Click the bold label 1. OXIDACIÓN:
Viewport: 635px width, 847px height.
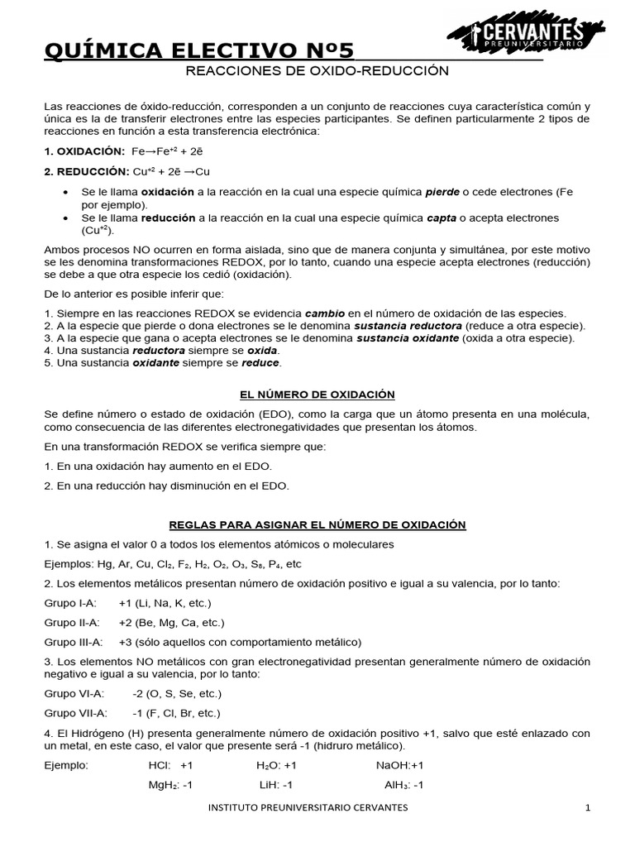(84, 151)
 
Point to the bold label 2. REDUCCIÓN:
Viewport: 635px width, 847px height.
(86, 171)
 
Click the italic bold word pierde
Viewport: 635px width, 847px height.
(442, 192)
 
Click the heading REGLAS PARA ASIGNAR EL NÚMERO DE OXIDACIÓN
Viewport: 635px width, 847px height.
(317, 524)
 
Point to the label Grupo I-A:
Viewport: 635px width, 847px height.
(70, 603)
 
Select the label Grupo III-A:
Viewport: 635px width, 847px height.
(74, 642)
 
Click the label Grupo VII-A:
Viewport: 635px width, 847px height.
(75, 712)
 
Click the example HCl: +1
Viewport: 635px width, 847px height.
(170, 765)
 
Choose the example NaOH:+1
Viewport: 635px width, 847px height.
(399, 765)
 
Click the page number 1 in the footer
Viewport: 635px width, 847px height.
(588, 808)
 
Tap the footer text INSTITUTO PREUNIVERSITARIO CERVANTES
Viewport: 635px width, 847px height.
(308, 808)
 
